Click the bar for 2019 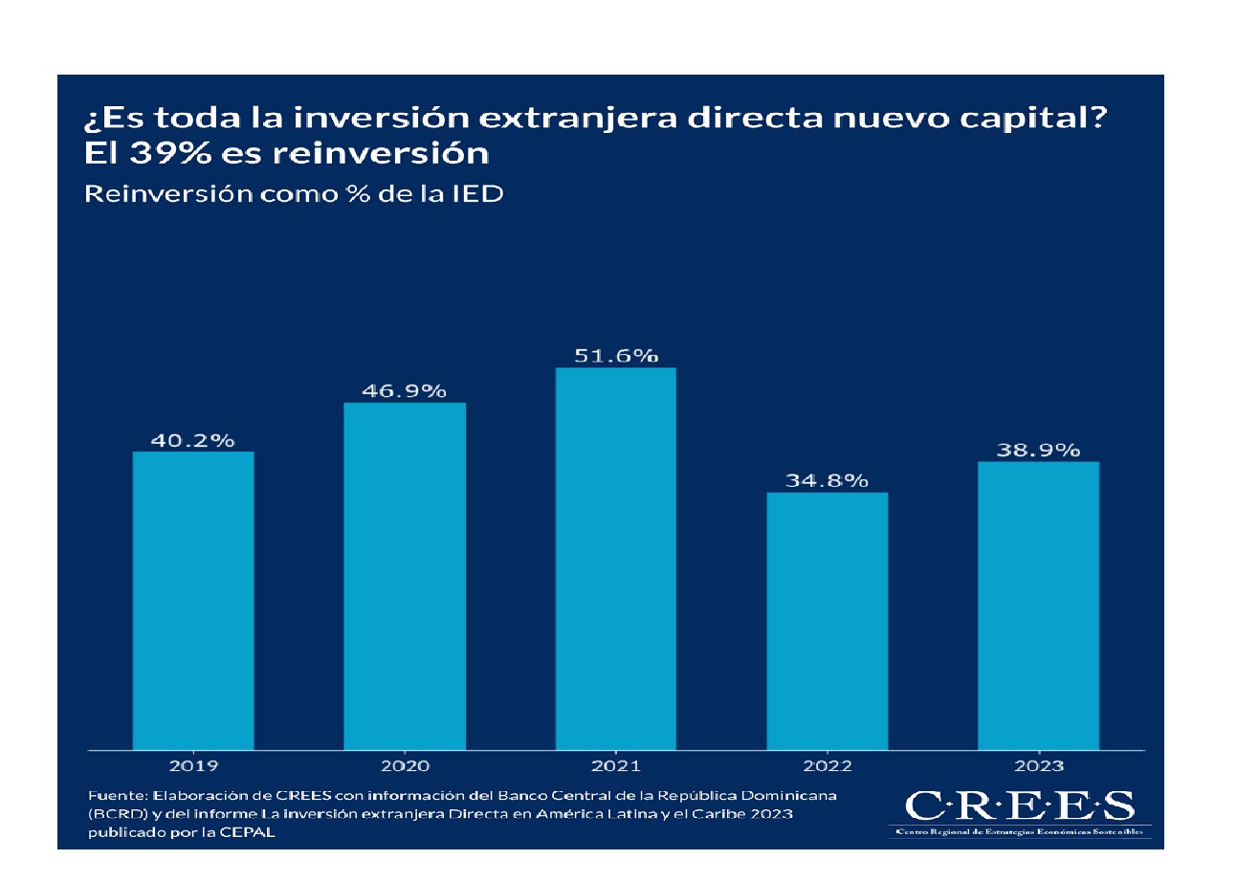193,600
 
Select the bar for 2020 405,575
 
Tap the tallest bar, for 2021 616,558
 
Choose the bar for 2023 1039,605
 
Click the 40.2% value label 193,440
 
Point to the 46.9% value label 405,391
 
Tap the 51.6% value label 616,356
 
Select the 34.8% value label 828,481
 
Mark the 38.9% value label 1039,451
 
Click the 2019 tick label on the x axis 193,765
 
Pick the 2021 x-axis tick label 616,765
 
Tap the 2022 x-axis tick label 828,765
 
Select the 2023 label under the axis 1039,765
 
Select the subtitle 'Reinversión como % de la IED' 295,193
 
